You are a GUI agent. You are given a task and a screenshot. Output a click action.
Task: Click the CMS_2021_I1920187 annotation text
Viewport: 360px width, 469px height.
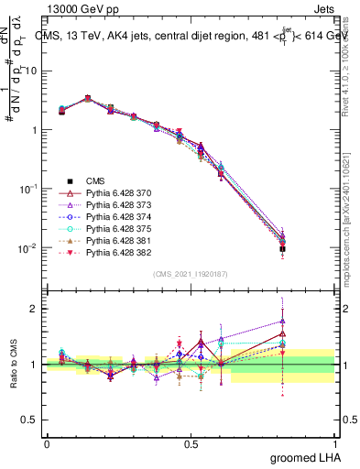coord(190,274)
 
